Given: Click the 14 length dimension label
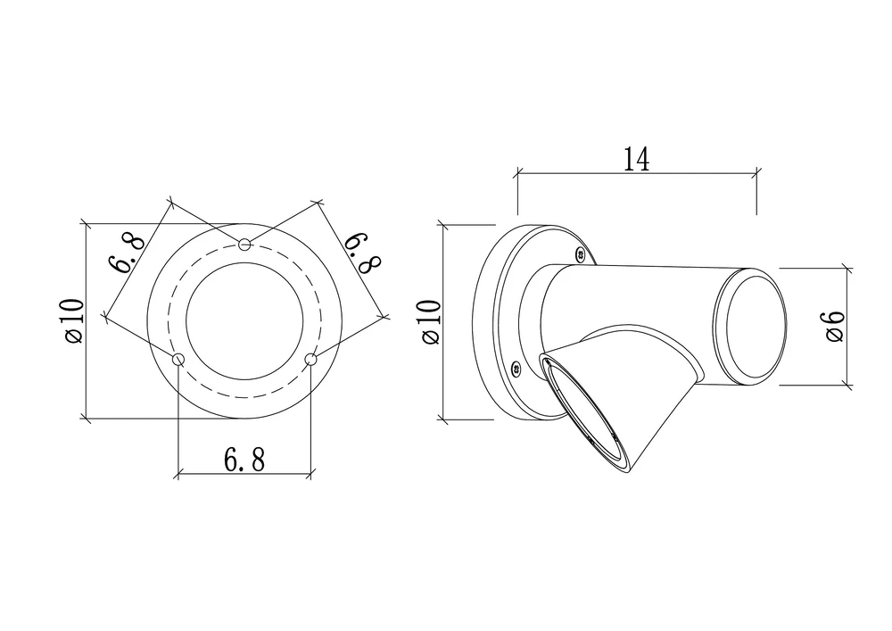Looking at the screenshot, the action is pos(637,160).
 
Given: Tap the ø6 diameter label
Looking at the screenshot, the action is pos(835,327).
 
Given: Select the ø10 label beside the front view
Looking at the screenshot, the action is pos(75,321).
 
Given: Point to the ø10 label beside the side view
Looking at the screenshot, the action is pos(432,321).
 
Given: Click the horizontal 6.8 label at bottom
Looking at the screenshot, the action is pos(244,460).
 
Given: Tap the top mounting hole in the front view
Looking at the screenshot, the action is pos(244,245).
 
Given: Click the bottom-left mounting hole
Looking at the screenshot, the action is pos(178,360).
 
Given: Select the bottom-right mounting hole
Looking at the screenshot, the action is pos(310,360).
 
